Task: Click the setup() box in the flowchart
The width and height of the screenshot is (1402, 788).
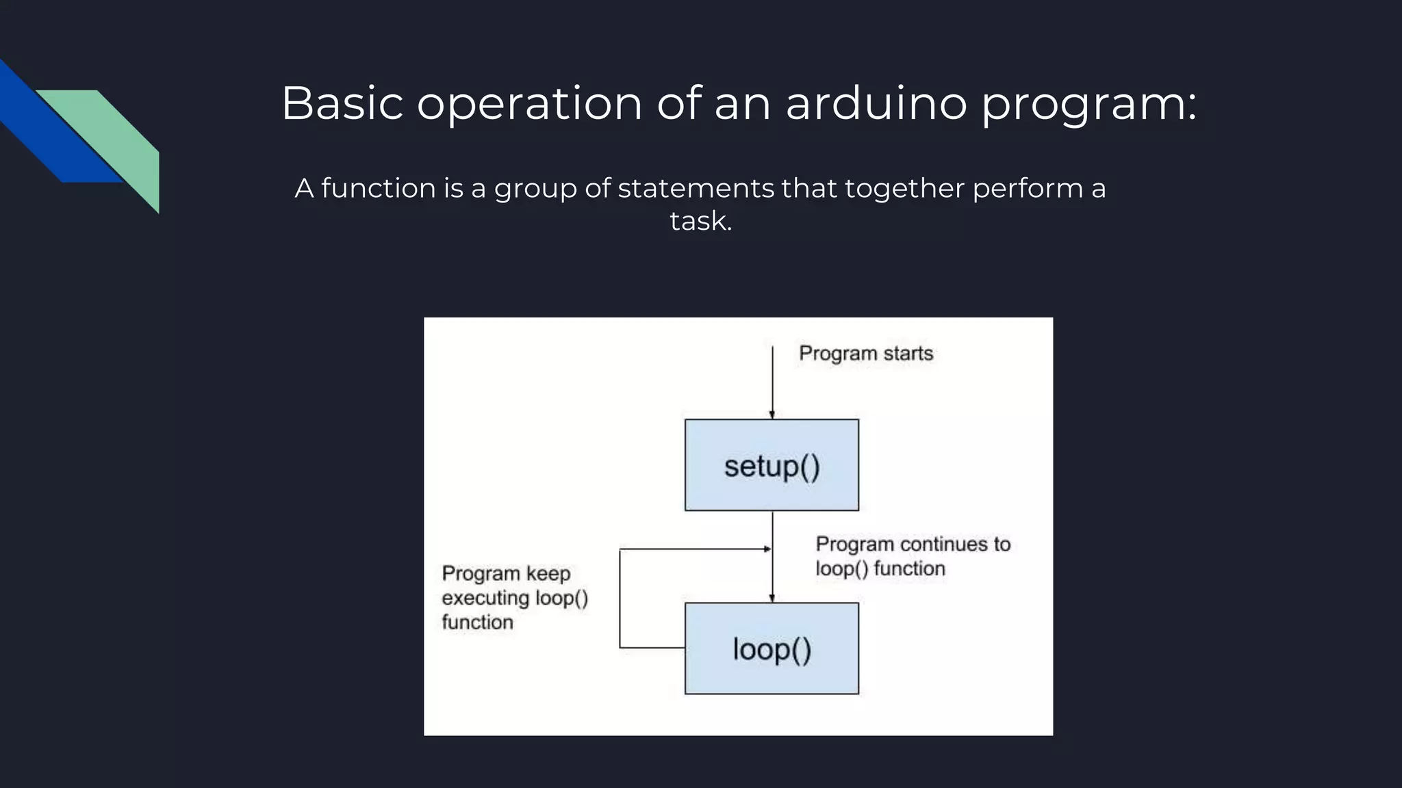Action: click(x=772, y=465)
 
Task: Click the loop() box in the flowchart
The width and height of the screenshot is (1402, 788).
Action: click(x=772, y=648)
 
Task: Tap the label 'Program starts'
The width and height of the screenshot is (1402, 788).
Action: click(x=866, y=354)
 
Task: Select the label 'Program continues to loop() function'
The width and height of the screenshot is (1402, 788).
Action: click(x=913, y=556)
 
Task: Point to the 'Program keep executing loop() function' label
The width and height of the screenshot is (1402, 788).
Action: click(x=515, y=598)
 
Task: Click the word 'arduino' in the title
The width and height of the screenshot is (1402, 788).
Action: click(x=876, y=104)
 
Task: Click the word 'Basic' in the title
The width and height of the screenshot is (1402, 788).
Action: click(x=342, y=104)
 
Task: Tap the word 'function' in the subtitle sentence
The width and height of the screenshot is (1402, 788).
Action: click(x=378, y=188)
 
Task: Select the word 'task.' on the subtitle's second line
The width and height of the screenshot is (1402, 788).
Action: click(x=701, y=221)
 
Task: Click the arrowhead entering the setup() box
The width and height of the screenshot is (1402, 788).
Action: click(x=772, y=415)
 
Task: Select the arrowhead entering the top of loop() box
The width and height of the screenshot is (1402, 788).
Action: click(x=772, y=599)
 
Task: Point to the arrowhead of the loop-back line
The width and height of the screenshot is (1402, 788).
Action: click(x=767, y=549)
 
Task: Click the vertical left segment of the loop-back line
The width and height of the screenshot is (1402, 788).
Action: click(x=620, y=599)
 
